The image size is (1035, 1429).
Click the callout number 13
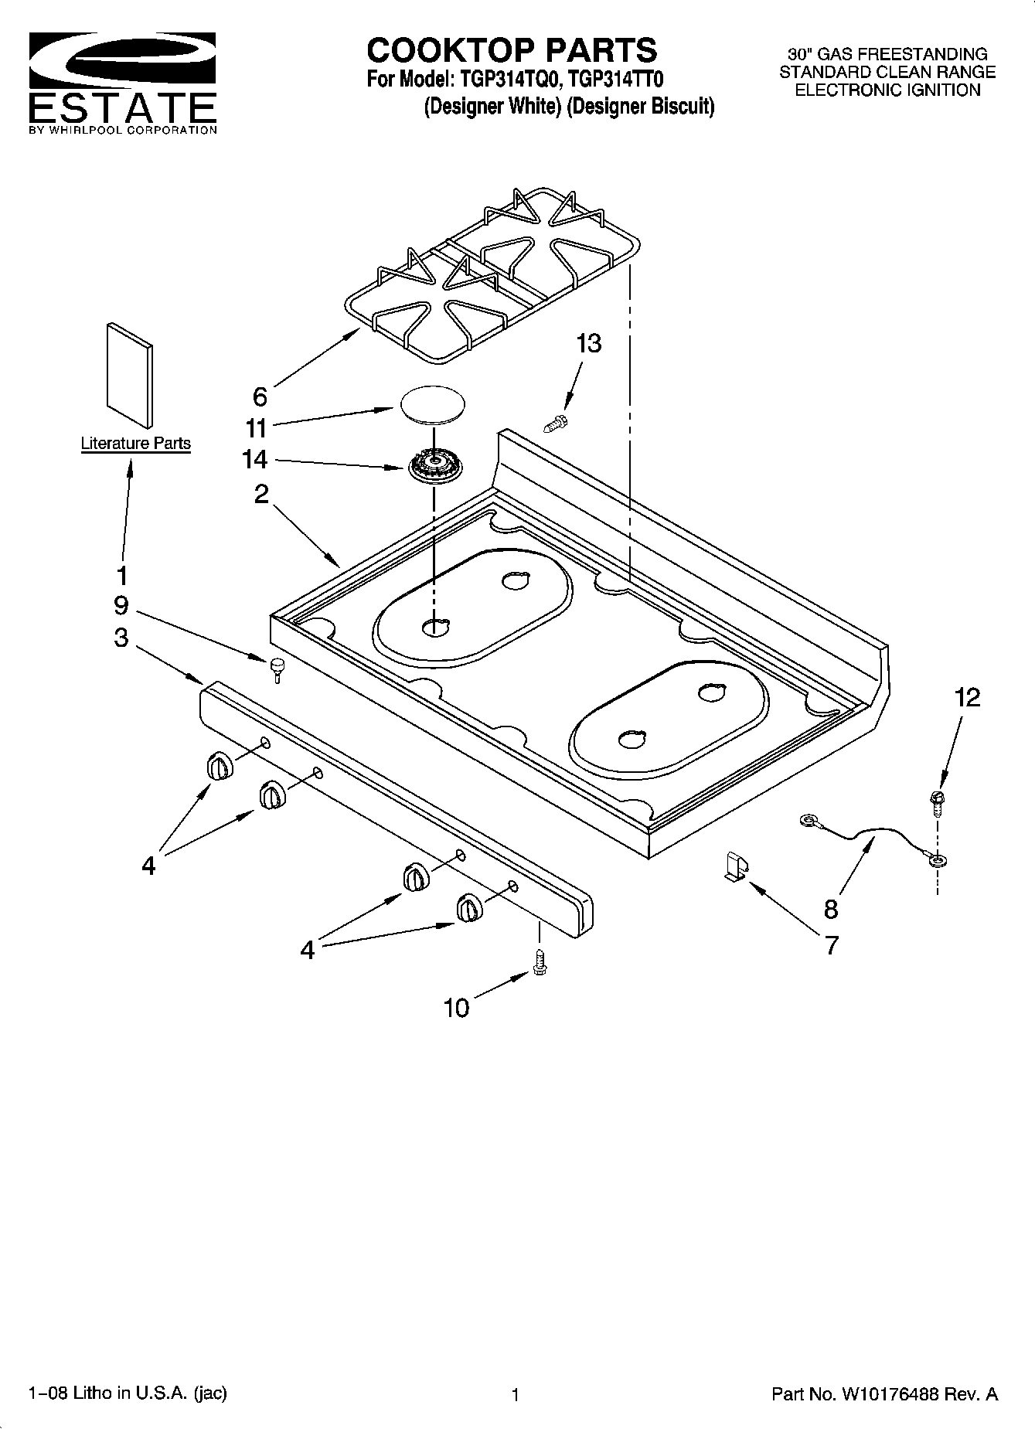(588, 344)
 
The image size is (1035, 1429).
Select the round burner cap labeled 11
(433, 404)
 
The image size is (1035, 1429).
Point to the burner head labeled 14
(431, 466)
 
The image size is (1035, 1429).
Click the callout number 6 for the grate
(260, 396)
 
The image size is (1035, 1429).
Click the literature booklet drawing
(128, 374)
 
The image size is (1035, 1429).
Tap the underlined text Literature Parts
(136, 444)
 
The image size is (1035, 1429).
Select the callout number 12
(967, 698)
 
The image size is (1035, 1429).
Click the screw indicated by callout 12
(938, 803)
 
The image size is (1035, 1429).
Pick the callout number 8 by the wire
(831, 909)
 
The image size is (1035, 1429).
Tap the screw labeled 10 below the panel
(540, 962)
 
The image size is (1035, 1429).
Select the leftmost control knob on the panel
(219, 766)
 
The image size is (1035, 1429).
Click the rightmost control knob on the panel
(468, 907)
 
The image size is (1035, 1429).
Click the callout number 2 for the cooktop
(261, 494)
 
